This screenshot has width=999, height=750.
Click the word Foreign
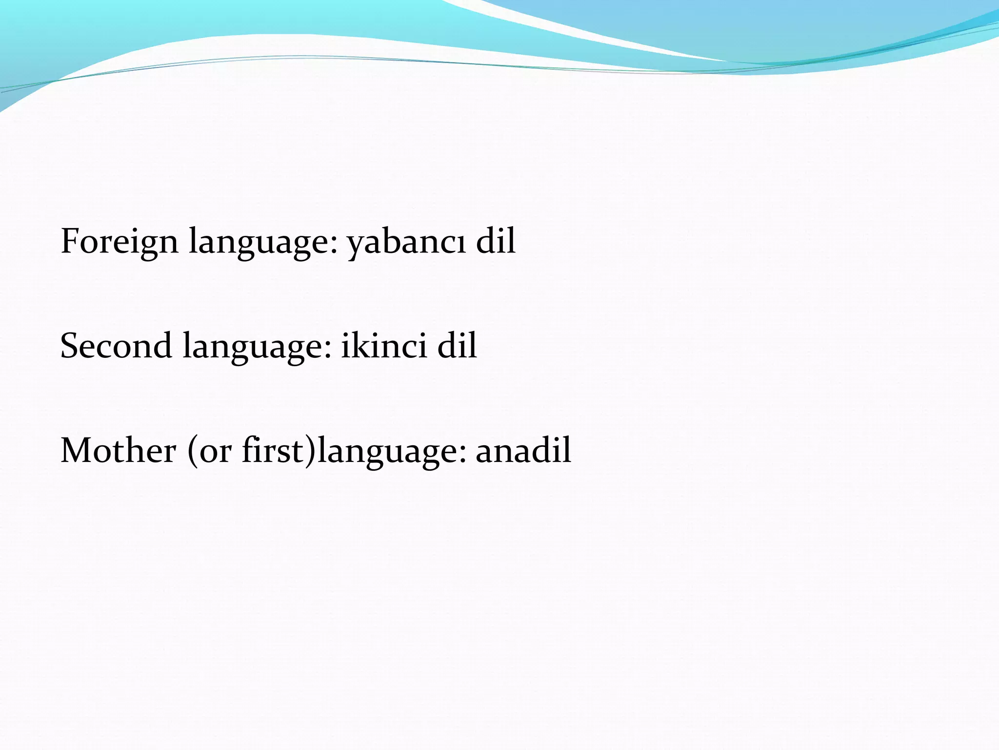(120, 242)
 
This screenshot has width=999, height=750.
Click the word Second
(116, 346)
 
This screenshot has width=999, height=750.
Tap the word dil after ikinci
(457, 345)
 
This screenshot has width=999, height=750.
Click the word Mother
(118, 450)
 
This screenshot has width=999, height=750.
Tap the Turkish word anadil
(523, 450)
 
